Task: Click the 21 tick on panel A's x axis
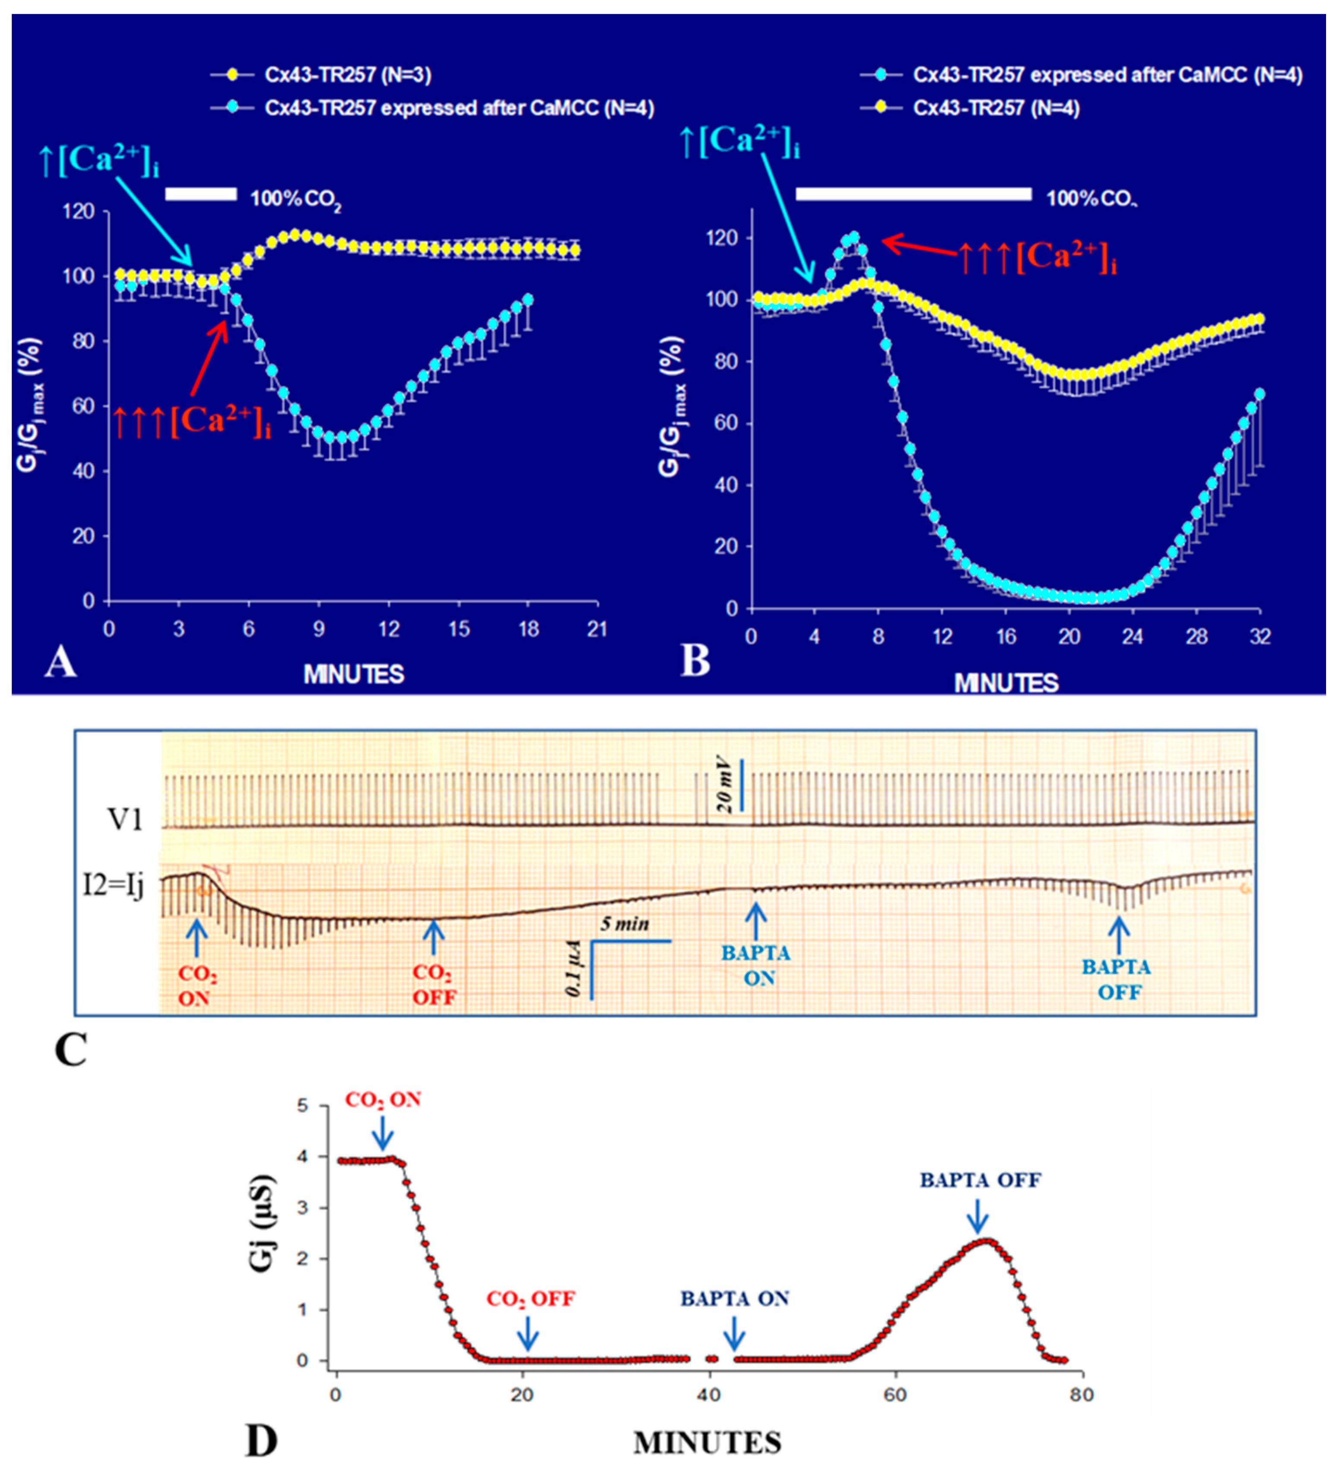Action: point(597,629)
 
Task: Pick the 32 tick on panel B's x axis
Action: point(1260,637)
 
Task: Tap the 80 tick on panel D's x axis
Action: point(1082,1395)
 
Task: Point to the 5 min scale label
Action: point(625,925)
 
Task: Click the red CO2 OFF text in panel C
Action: point(434,984)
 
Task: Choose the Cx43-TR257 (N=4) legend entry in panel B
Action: point(996,108)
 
